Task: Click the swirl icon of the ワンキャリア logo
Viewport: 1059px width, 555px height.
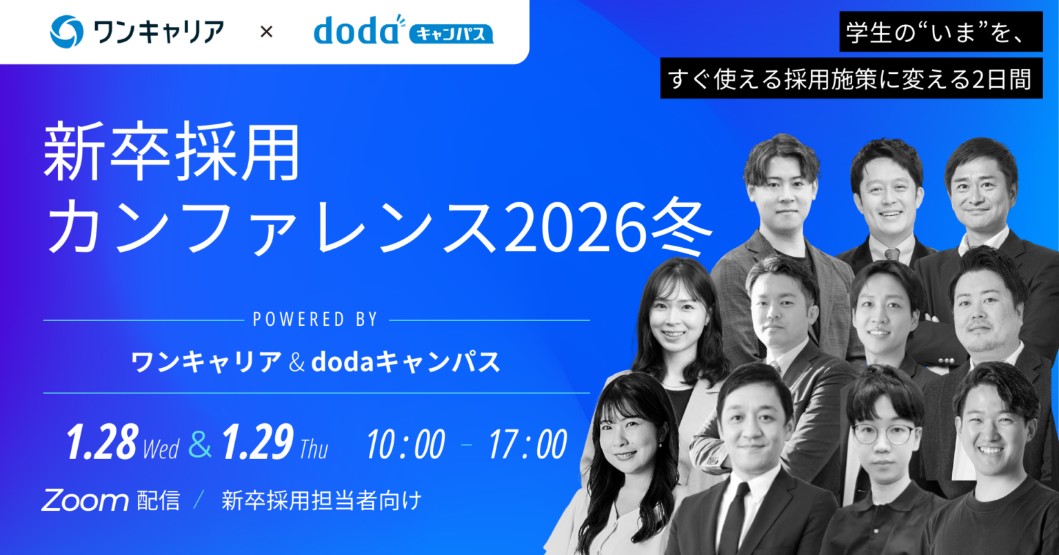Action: pos(67,32)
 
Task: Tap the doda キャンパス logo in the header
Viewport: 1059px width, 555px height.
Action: pos(403,30)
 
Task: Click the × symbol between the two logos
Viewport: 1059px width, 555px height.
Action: pos(266,32)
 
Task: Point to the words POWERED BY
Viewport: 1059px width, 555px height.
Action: pos(316,320)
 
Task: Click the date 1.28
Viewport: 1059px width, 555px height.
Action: pos(102,443)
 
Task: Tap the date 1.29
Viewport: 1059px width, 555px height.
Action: pos(257,443)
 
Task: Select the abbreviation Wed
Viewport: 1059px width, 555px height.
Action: pos(161,449)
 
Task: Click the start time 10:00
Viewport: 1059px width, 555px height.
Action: pos(406,445)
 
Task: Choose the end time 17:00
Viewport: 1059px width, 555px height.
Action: pos(528,445)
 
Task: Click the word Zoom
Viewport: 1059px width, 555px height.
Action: pos(85,500)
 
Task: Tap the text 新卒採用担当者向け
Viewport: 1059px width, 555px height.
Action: pos(321,500)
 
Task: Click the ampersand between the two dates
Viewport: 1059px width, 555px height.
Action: pos(200,445)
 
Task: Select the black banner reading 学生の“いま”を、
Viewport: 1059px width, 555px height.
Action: pos(940,32)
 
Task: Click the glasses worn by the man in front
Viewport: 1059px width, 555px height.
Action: pos(884,434)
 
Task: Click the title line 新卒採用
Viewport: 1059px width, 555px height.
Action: pos(172,153)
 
